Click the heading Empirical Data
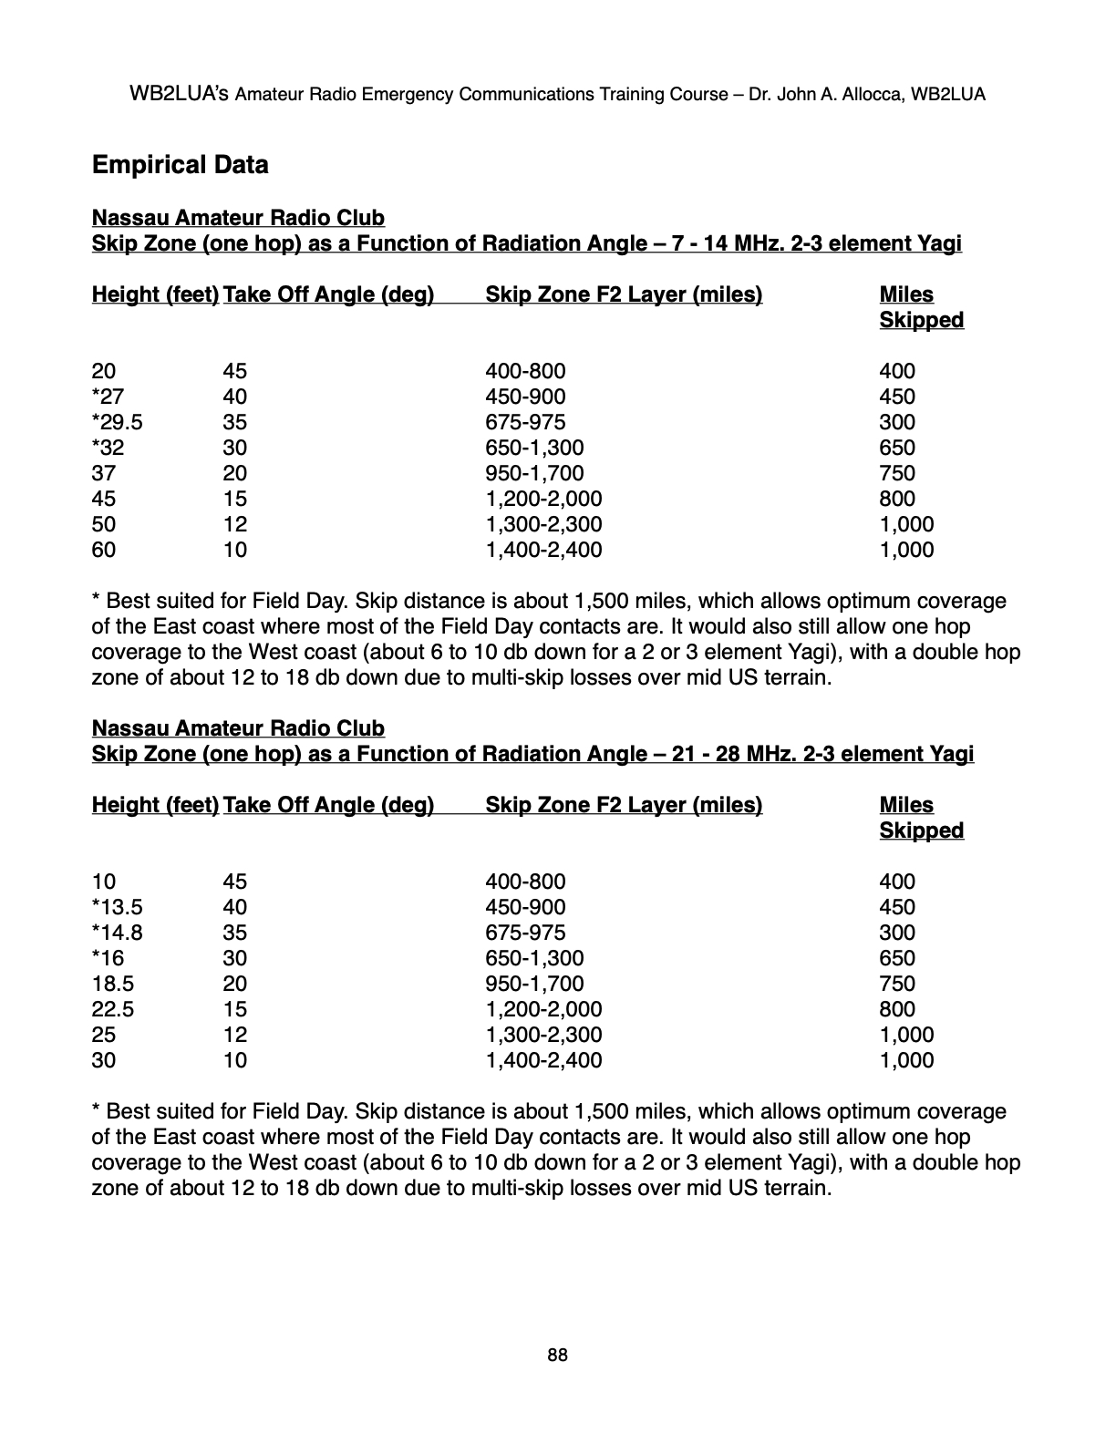(181, 165)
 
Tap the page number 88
(557, 1356)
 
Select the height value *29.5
(118, 422)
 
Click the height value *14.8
(118, 933)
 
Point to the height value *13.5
(118, 907)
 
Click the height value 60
(104, 550)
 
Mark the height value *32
(108, 448)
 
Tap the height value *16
(108, 958)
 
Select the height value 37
(104, 473)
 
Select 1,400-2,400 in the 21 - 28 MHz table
(543, 1060)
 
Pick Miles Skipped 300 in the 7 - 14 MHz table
(897, 422)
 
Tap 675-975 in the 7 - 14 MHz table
(525, 422)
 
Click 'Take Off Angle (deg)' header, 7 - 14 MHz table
(328, 294)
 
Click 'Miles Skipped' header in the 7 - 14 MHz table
(921, 307)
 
